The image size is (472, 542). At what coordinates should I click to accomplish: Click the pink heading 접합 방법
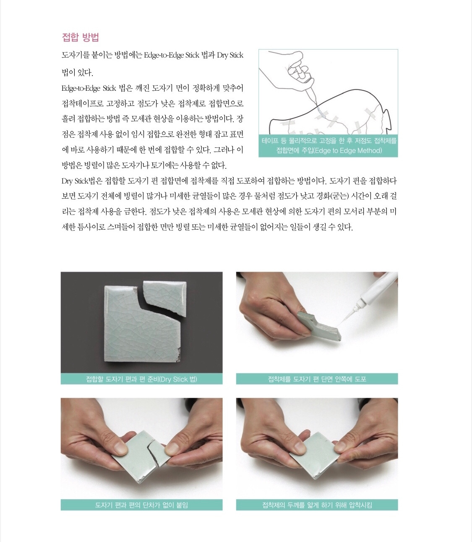pos(80,37)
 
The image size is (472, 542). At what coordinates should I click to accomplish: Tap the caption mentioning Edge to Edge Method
pos(328,146)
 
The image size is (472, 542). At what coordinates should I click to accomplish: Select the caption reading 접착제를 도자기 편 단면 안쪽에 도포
pos(317,379)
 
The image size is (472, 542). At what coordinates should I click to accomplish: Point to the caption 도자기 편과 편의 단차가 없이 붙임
pos(141,505)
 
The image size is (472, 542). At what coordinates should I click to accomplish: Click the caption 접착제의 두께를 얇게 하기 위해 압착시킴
pos(317,505)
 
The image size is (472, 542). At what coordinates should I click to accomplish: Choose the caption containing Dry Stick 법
pos(141,379)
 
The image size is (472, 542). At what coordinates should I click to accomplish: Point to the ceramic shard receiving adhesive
pos(319,325)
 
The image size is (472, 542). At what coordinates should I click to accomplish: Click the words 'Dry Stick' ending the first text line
pos(230,55)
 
